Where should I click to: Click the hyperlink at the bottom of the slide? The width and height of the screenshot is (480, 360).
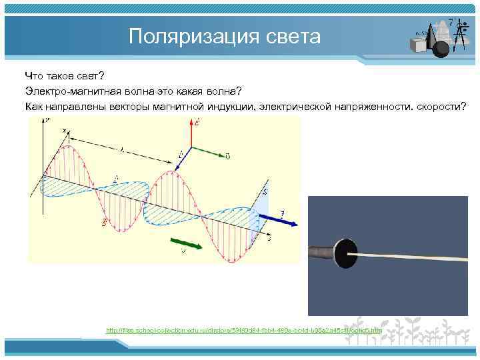tap(244, 330)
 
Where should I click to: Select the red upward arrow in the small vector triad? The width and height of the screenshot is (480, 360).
tap(192, 133)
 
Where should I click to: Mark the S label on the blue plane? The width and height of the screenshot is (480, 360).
tap(265, 193)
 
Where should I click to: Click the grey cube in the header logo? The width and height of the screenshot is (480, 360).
tap(419, 45)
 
